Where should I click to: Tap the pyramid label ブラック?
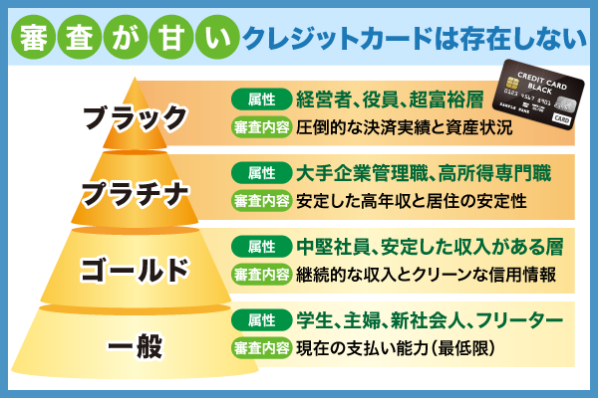[135, 117]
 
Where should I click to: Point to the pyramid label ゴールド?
[134, 270]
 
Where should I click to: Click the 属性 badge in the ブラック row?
[261, 99]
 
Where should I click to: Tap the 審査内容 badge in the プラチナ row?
[261, 200]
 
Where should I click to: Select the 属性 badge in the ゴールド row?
[261, 246]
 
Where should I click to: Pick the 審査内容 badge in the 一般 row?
[261, 348]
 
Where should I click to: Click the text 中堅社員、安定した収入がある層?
[425, 246]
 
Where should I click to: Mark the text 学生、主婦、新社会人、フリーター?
[430, 320]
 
